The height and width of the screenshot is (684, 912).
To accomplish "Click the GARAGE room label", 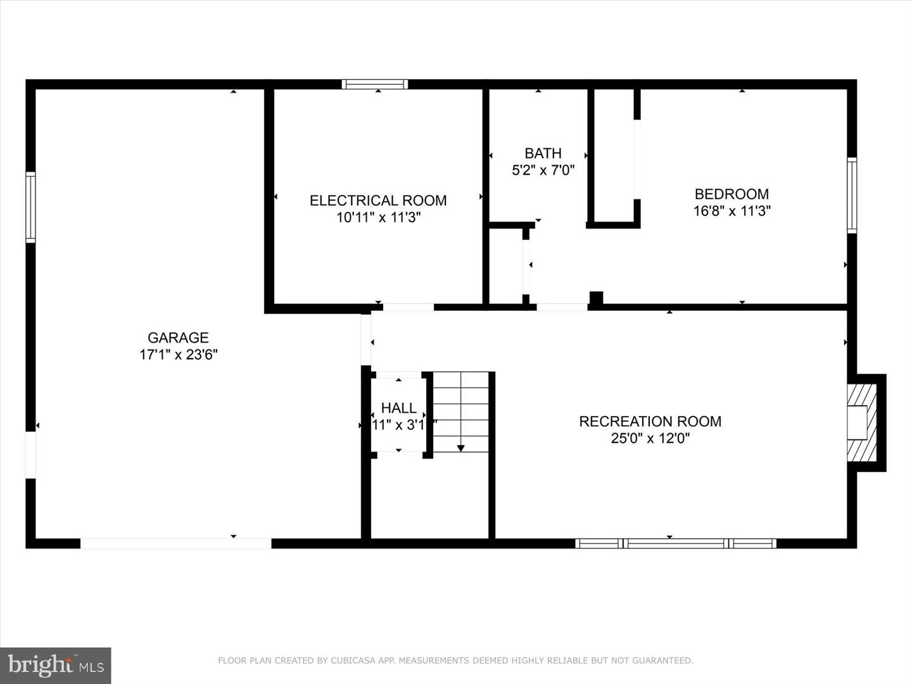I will pos(178,338).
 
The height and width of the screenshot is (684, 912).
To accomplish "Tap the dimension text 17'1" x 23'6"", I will pos(178,355).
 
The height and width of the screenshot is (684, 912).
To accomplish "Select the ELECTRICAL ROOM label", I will pos(378,201).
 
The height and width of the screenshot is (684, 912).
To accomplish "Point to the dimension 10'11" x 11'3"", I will pos(378,218).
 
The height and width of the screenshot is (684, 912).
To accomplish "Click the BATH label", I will pos(543,153).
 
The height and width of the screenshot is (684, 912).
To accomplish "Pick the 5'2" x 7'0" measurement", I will pos(543,170).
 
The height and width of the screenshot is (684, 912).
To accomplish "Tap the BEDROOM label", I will pos(731,194).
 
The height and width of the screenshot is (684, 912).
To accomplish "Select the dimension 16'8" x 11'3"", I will pos(731,211).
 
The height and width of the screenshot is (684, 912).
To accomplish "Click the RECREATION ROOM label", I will pos(650,421).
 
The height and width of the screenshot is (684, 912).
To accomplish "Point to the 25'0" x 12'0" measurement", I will pos(650,438).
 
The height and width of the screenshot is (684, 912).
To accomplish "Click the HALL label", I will pos(399,408).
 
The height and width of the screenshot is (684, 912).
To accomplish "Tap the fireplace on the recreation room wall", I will pos(862,423).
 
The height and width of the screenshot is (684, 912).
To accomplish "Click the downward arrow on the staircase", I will pos(460,447).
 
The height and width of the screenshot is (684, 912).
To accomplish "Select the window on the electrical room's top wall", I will pos(375,84).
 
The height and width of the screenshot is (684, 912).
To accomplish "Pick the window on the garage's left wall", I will pos(30,207).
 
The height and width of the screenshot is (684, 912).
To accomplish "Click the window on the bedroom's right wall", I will pos(852,196).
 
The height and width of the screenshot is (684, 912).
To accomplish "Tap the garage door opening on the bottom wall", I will pos(175,543).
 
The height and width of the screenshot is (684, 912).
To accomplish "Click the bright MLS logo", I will pos(56,665).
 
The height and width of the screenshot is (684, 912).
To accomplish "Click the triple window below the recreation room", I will pos(676,543).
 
